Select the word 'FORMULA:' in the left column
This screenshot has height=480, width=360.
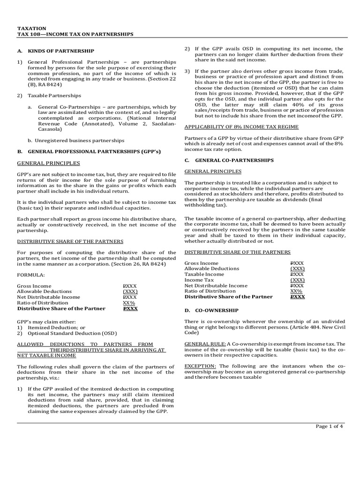(x=30, y=275)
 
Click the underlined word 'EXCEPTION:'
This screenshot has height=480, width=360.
(x=200, y=365)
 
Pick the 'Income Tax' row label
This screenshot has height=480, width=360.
(x=197, y=279)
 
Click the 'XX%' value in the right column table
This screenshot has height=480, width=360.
(x=296, y=291)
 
